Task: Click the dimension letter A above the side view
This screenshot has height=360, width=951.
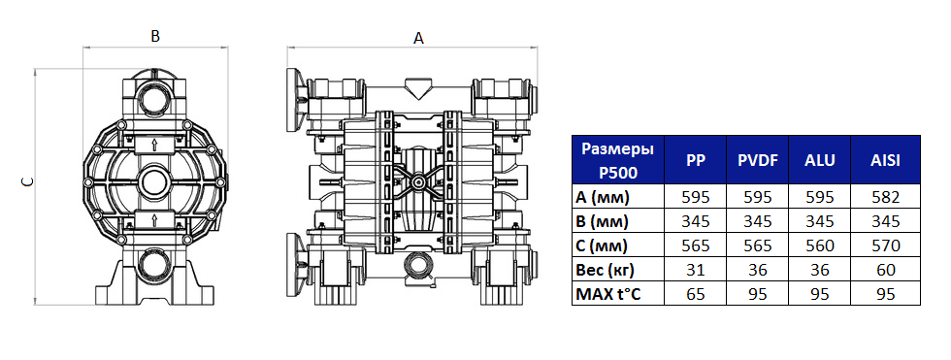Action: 419,39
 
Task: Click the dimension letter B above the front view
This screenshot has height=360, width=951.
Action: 154,36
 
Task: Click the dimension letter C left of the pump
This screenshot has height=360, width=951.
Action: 27,181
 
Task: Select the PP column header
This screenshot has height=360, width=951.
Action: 696,161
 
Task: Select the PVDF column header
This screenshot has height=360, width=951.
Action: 755,161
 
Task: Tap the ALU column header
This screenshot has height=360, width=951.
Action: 820,161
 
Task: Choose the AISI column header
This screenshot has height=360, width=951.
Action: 884,161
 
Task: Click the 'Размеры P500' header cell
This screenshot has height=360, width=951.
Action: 616,161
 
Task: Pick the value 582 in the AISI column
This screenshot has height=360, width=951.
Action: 884,197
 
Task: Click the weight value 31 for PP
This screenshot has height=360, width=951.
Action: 696,269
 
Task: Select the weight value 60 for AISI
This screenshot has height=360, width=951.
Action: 884,269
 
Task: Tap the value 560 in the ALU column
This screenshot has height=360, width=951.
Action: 820,245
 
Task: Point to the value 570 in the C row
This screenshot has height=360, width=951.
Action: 884,245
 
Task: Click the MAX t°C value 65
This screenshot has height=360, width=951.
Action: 696,293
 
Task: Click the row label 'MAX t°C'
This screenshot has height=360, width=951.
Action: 610,293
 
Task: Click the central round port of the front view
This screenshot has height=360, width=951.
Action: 154,181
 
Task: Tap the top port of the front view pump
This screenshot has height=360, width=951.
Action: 154,98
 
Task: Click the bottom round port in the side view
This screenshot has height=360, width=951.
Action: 418,264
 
